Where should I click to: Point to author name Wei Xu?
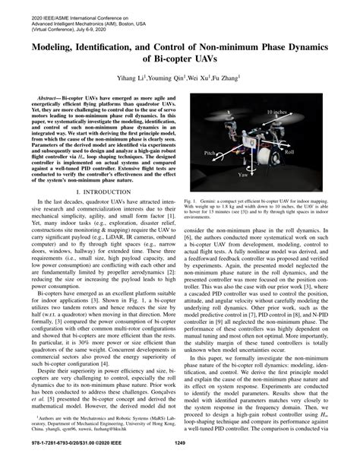(199, 78)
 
